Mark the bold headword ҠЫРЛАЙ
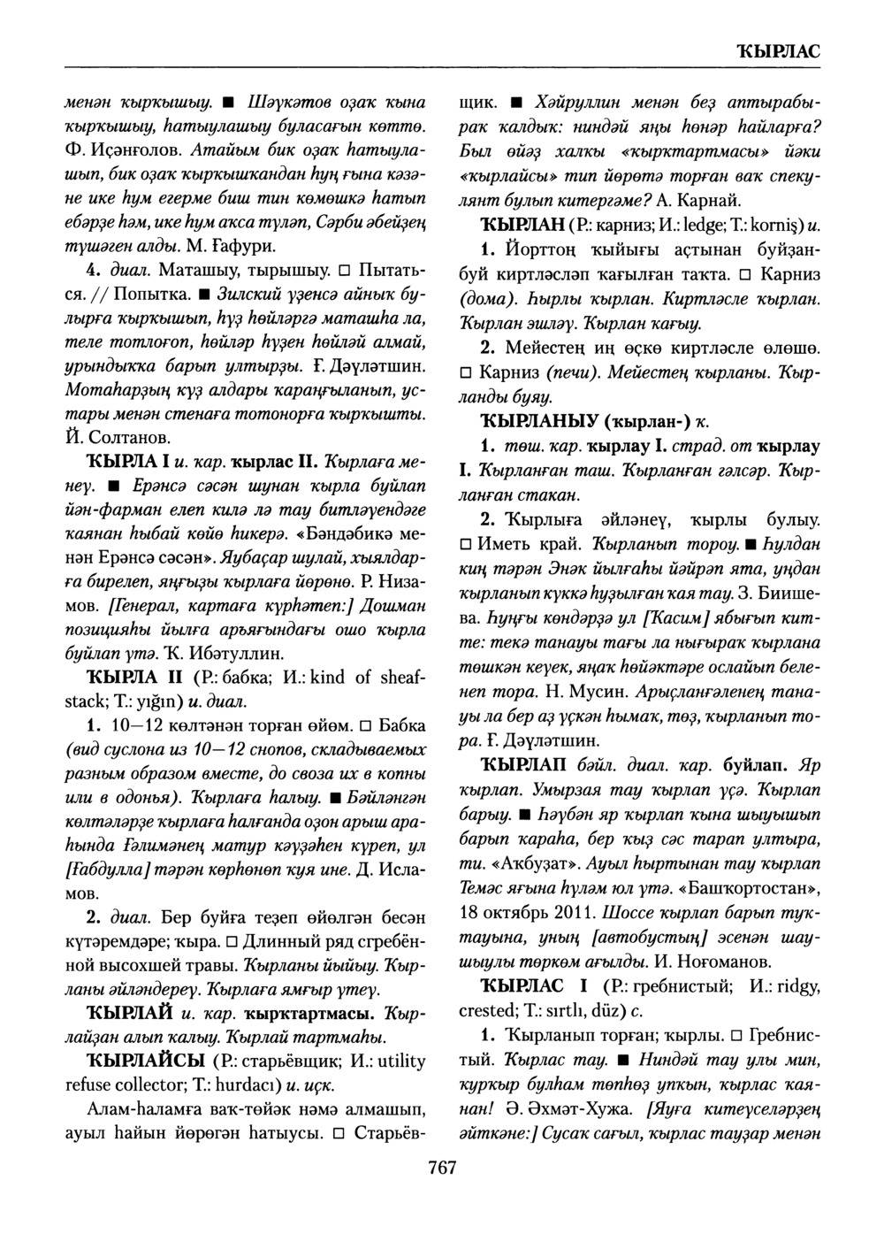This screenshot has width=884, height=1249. click(x=123, y=1012)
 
